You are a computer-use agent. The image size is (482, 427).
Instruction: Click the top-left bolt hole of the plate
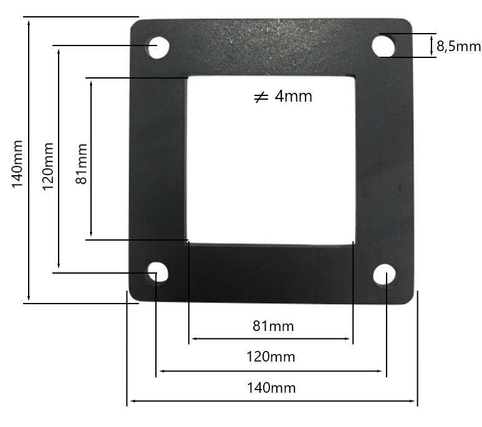tap(158, 47)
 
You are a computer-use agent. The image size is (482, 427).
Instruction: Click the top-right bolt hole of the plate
tap(383, 46)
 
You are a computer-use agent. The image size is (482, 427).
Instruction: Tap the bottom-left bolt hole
tap(158, 272)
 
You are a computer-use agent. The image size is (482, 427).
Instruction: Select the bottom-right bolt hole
tap(384, 274)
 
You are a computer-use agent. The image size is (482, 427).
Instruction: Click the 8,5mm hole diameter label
tap(458, 46)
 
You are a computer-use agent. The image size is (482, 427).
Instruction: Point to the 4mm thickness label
tap(293, 96)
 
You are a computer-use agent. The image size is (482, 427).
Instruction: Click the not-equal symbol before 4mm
tap(261, 97)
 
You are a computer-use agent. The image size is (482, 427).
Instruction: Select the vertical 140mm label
tap(17, 163)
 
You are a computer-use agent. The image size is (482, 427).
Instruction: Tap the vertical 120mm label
tap(48, 166)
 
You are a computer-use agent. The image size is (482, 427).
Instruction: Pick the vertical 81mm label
tap(82, 163)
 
